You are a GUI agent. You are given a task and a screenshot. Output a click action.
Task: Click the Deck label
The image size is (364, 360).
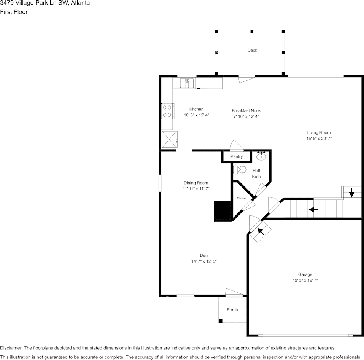click(252, 50)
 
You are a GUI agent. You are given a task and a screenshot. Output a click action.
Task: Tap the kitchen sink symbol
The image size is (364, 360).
click(187, 83)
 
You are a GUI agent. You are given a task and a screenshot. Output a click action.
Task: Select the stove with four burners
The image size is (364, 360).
click(167, 111)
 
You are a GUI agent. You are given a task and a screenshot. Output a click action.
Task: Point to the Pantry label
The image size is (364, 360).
click(236, 156)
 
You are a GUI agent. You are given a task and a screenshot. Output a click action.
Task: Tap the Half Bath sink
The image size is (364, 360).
click(261, 156)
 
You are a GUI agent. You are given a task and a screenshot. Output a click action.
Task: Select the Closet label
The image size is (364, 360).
click(242, 198)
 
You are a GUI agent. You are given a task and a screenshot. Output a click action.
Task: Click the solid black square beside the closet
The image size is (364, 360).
click(223, 212)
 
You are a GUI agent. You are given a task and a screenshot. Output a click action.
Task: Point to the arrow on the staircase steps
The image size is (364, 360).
click(313, 209)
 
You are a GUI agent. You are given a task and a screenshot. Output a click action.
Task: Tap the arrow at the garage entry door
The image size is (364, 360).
click(261, 231)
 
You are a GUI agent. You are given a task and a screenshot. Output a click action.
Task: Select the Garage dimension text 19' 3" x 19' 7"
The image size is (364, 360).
click(305, 280)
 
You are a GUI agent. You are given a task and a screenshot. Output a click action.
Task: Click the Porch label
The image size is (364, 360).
click(232, 309)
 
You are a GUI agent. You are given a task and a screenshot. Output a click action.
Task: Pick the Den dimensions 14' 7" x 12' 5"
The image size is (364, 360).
click(204, 261)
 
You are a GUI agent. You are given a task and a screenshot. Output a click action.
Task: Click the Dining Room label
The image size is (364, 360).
click(196, 183)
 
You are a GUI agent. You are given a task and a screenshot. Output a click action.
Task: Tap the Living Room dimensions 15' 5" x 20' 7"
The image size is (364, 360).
click(319, 139)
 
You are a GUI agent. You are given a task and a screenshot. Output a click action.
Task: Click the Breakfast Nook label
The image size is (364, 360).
click(246, 110)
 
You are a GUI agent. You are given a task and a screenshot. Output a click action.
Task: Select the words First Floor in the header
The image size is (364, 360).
click(14, 12)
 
